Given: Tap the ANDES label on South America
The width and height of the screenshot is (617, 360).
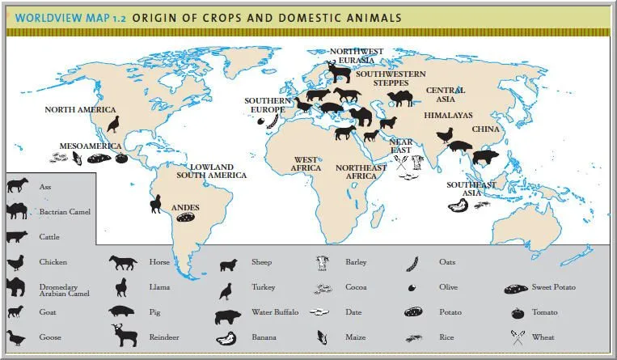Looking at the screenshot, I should tap(185, 208).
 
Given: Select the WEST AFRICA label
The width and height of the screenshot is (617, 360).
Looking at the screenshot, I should tap(306, 164).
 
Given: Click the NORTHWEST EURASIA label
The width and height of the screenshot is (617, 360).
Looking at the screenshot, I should tap(357, 55).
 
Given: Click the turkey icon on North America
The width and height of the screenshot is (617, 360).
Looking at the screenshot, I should tap(113, 124).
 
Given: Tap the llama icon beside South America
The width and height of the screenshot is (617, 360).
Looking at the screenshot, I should tap(154, 203).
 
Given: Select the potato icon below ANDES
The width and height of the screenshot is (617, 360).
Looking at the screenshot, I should tap(186, 218).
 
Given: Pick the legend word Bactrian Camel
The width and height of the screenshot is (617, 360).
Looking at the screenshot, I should tap(65, 212).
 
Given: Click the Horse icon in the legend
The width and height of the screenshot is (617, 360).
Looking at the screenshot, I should tap(123, 262).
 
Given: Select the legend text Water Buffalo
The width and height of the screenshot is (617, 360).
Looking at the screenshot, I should tap(275, 311).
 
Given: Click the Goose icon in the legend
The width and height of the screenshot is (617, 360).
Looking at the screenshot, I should tap(15, 337).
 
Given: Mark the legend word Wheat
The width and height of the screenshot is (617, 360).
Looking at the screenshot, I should tap(543, 337).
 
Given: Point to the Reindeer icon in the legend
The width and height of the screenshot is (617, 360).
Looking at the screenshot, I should tap(125, 334).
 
